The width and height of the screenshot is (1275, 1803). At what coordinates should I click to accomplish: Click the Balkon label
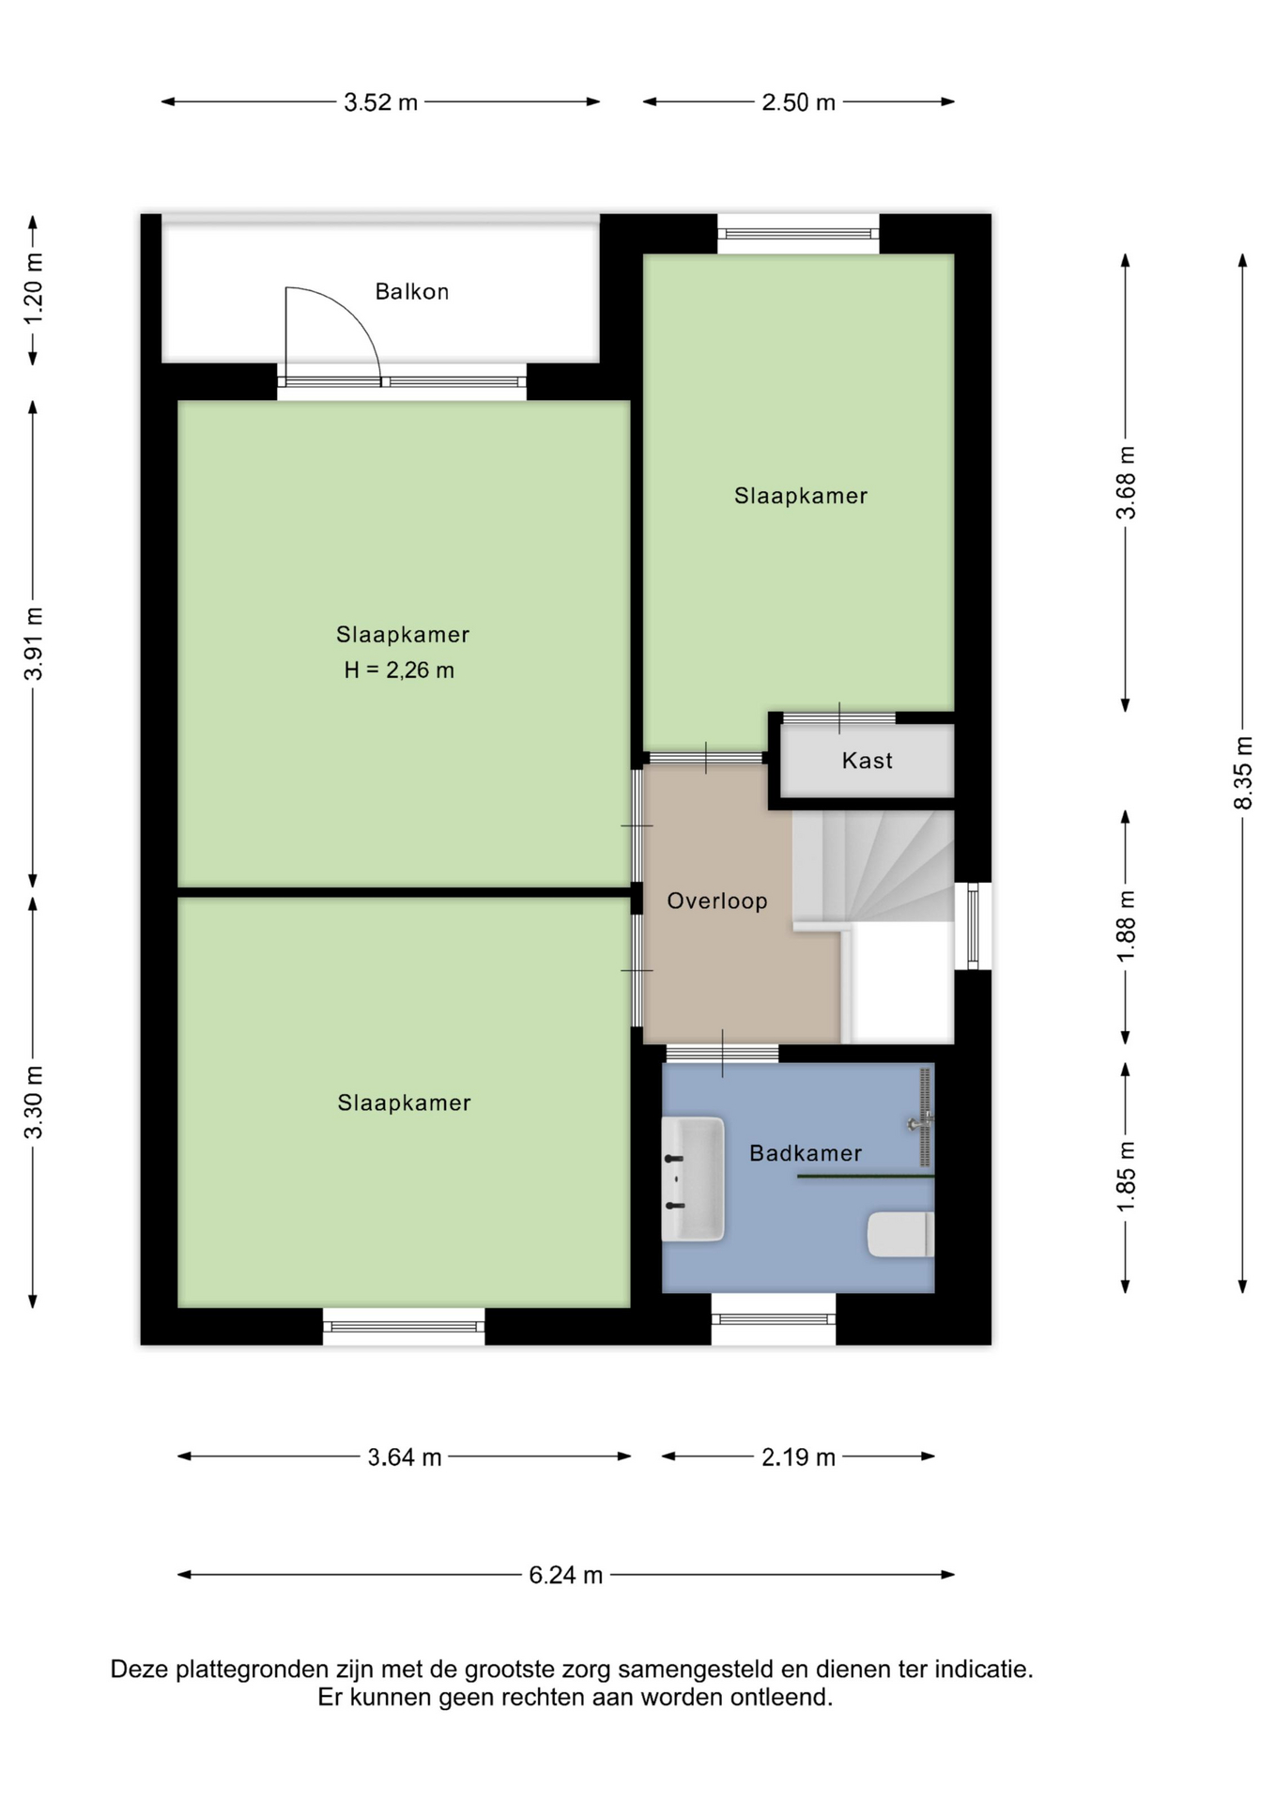coord(411,291)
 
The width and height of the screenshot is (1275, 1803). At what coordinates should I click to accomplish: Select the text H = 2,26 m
coord(399,670)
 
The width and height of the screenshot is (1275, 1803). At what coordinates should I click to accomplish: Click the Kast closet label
coord(867,760)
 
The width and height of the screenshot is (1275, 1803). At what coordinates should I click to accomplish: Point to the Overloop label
coord(717,901)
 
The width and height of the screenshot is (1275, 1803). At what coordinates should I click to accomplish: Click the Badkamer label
coord(806,1152)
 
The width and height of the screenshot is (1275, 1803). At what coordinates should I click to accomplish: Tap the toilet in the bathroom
coord(900,1234)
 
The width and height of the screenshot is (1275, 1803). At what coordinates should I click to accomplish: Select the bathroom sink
coord(693,1179)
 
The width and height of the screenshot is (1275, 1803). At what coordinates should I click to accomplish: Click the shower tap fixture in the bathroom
coord(921,1121)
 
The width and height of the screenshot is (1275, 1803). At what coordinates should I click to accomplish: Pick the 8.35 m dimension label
coord(1243,773)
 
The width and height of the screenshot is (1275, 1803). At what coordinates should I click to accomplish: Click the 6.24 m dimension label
coord(565,1575)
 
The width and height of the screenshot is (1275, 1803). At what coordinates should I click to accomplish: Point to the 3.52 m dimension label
coord(380,102)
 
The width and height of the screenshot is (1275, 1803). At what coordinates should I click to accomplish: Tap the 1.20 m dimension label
coord(33,289)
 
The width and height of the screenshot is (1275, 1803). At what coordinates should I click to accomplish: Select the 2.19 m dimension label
coord(798,1456)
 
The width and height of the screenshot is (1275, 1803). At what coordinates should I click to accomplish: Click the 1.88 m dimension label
coord(1126,926)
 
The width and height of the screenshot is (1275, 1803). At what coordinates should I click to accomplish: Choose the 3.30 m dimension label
coord(33,1102)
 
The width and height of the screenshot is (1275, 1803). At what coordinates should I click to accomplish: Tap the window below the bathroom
coord(774,1319)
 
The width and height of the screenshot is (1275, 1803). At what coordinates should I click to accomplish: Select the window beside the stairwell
coord(974,926)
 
